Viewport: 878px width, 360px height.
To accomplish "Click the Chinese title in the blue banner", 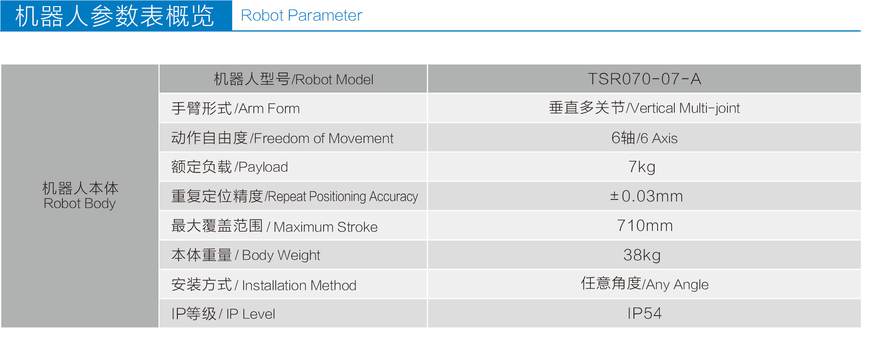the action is [115, 16].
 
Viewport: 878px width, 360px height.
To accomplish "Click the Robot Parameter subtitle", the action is [302, 15].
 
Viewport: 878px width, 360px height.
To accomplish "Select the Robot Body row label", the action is [80, 196].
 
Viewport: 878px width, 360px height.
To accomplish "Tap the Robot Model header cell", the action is [293, 79].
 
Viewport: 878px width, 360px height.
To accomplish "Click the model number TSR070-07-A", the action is [644, 79].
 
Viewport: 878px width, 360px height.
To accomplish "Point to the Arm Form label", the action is [235, 108].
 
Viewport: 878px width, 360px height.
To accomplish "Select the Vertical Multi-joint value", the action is [644, 108].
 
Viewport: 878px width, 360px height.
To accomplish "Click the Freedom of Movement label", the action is [282, 138].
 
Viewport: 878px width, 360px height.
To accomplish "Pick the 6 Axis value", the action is [644, 138].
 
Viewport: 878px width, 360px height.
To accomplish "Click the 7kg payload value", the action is [642, 167].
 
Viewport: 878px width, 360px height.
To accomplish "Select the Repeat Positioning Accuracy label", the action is [295, 196].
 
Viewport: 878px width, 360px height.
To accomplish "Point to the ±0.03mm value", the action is [646, 196].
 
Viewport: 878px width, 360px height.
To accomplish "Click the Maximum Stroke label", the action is [274, 226].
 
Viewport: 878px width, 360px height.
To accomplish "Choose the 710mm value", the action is [644, 226].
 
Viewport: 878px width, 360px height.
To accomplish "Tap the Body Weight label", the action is [246, 255].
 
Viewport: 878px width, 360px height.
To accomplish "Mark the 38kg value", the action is [642, 255].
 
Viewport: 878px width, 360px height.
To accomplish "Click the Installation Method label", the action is [264, 285].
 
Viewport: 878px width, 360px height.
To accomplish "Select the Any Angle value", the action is [644, 284].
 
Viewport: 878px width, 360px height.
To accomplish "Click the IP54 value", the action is [644, 313].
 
